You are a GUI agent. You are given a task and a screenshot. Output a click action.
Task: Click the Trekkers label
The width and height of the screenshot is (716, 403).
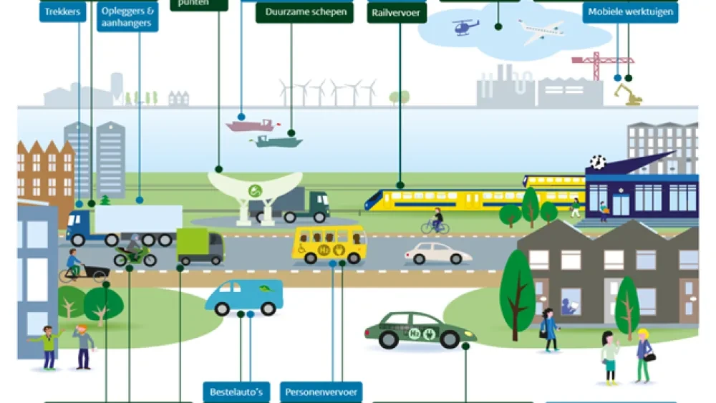point(63,11)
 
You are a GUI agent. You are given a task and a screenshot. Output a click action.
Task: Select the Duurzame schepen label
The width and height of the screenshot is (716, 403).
point(304,12)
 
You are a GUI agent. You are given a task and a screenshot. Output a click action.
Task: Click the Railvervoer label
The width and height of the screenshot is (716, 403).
point(397,12)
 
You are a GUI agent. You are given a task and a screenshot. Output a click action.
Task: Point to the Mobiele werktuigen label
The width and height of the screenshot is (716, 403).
point(630,12)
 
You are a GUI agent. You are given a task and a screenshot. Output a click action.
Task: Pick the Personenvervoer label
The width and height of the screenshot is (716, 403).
point(321,392)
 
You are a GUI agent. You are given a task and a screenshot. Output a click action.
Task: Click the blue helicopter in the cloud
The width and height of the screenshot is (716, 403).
point(465,27)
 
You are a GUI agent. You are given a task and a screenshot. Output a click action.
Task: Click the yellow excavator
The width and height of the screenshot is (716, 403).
point(628,94)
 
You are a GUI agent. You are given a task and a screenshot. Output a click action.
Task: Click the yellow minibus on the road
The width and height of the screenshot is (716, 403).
point(329,243)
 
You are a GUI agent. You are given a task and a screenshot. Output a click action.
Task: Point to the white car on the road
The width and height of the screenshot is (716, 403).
point(437,253)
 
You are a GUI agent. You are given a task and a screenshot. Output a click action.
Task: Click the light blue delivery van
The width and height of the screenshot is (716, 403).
point(244,296)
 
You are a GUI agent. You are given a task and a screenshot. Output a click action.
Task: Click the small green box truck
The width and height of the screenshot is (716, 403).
point(200,246)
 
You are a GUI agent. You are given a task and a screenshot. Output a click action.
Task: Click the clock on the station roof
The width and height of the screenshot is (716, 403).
point(597,162)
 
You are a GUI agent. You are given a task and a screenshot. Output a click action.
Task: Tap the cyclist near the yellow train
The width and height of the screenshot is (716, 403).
point(435,222)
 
